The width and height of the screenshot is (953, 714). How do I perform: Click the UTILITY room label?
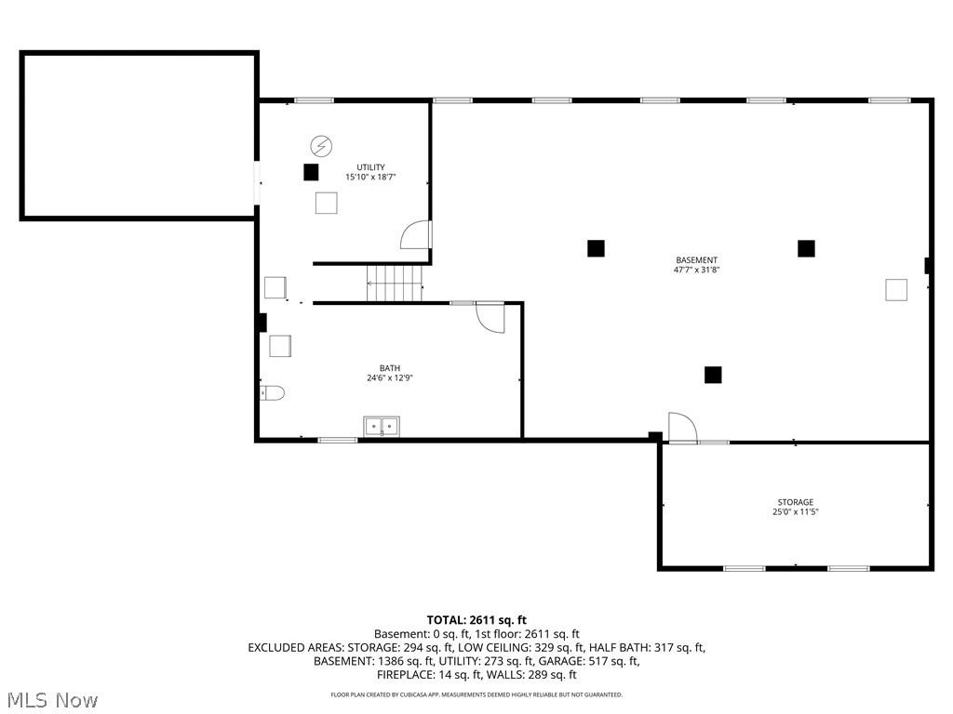click(x=370, y=167)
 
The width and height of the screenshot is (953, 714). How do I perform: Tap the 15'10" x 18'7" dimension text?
click(x=370, y=177)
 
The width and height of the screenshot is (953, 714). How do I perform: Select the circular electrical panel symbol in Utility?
click(x=320, y=146)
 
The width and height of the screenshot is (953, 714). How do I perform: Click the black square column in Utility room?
click(x=311, y=172)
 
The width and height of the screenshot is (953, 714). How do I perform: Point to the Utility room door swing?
click(x=416, y=235)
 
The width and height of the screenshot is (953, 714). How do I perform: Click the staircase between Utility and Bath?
click(x=395, y=283)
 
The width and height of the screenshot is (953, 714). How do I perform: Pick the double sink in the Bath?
click(x=381, y=427)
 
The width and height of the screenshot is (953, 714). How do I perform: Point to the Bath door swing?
click(x=490, y=318)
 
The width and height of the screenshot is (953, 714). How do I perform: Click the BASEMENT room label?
click(x=696, y=260)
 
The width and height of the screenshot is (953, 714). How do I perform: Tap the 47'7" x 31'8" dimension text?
click(x=696, y=271)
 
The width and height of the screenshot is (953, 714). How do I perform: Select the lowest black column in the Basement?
click(x=713, y=375)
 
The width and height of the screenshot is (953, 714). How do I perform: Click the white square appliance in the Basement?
click(x=896, y=290)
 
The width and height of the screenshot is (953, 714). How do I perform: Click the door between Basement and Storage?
click(x=681, y=428)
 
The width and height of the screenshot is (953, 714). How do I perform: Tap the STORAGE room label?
click(x=796, y=502)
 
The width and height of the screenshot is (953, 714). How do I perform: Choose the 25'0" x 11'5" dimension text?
click(x=796, y=512)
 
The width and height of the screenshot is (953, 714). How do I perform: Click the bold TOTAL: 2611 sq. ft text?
click(x=476, y=620)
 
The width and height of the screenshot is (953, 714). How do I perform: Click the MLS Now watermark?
click(x=52, y=699)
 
